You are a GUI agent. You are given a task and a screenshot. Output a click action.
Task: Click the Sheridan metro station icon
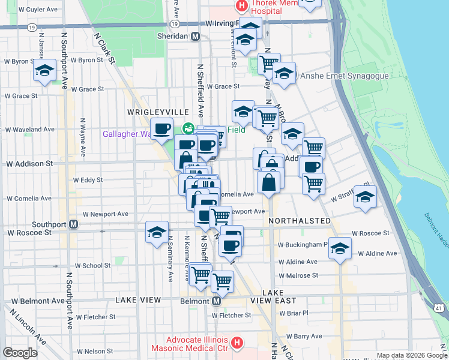click(x=195, y=36)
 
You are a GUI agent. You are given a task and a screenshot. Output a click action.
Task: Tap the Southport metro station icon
click(x=73, y=224)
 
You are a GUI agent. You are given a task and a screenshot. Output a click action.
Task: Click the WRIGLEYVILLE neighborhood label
click(x=158, y=112)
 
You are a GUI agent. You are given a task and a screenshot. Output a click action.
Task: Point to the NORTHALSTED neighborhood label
click(x=300, y=221)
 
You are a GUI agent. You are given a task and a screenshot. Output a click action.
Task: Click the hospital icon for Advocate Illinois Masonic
click(x=237, y=343)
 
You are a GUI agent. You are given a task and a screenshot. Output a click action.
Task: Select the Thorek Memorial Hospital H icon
click(x=241, y=6)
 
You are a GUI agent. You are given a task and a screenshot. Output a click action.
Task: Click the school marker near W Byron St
click(x=44, y=71)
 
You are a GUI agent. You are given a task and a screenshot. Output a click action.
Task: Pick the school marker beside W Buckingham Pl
click(x=340, y=249)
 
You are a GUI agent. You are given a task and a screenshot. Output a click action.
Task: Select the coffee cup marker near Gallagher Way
click(x=161, y=128)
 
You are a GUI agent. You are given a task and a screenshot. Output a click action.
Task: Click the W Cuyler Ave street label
click(x=38, y=10)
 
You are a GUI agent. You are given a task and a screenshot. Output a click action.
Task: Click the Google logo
click(x=20, y=352)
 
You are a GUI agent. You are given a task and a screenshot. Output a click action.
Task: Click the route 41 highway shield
click(x=439, y=307)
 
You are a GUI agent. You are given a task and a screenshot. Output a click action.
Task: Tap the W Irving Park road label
click(x=222, y=23)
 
